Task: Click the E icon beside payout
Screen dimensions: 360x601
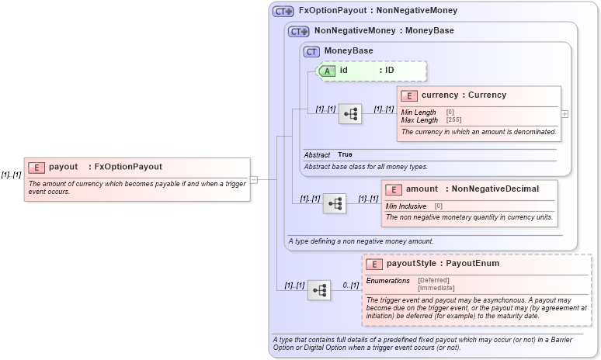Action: click(36, 167)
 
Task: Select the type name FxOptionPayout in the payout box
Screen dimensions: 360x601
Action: click(128, 167)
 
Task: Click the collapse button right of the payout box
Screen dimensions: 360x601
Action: click(254, 179)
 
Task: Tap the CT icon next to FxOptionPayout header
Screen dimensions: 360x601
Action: click(283, 12)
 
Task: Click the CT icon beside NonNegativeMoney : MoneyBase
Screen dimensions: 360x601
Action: click(299, 32)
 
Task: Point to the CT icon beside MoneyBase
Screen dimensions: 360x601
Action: click(311, 52)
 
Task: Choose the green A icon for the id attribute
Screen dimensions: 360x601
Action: click(328, 71)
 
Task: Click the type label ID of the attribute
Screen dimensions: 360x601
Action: click(390, 71)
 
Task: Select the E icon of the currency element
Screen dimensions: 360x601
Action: click(408, 95)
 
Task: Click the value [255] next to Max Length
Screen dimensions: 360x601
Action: click(453, 120)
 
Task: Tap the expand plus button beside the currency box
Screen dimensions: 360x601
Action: click(565, 113)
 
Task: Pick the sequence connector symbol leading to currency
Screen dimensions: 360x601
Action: click(350, 113)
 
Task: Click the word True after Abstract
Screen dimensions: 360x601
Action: click(345, 155)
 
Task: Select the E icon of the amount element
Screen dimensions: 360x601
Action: click(393, 189)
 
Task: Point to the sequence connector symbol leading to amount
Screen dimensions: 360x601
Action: click(335, 203)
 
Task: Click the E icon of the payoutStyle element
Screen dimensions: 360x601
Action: click(374, 264)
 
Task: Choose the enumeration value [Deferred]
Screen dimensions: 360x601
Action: click(433, 280)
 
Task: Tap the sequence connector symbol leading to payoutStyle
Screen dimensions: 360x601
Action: click(319, 290)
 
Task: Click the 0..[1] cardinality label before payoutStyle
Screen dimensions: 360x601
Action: click(351, 286)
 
